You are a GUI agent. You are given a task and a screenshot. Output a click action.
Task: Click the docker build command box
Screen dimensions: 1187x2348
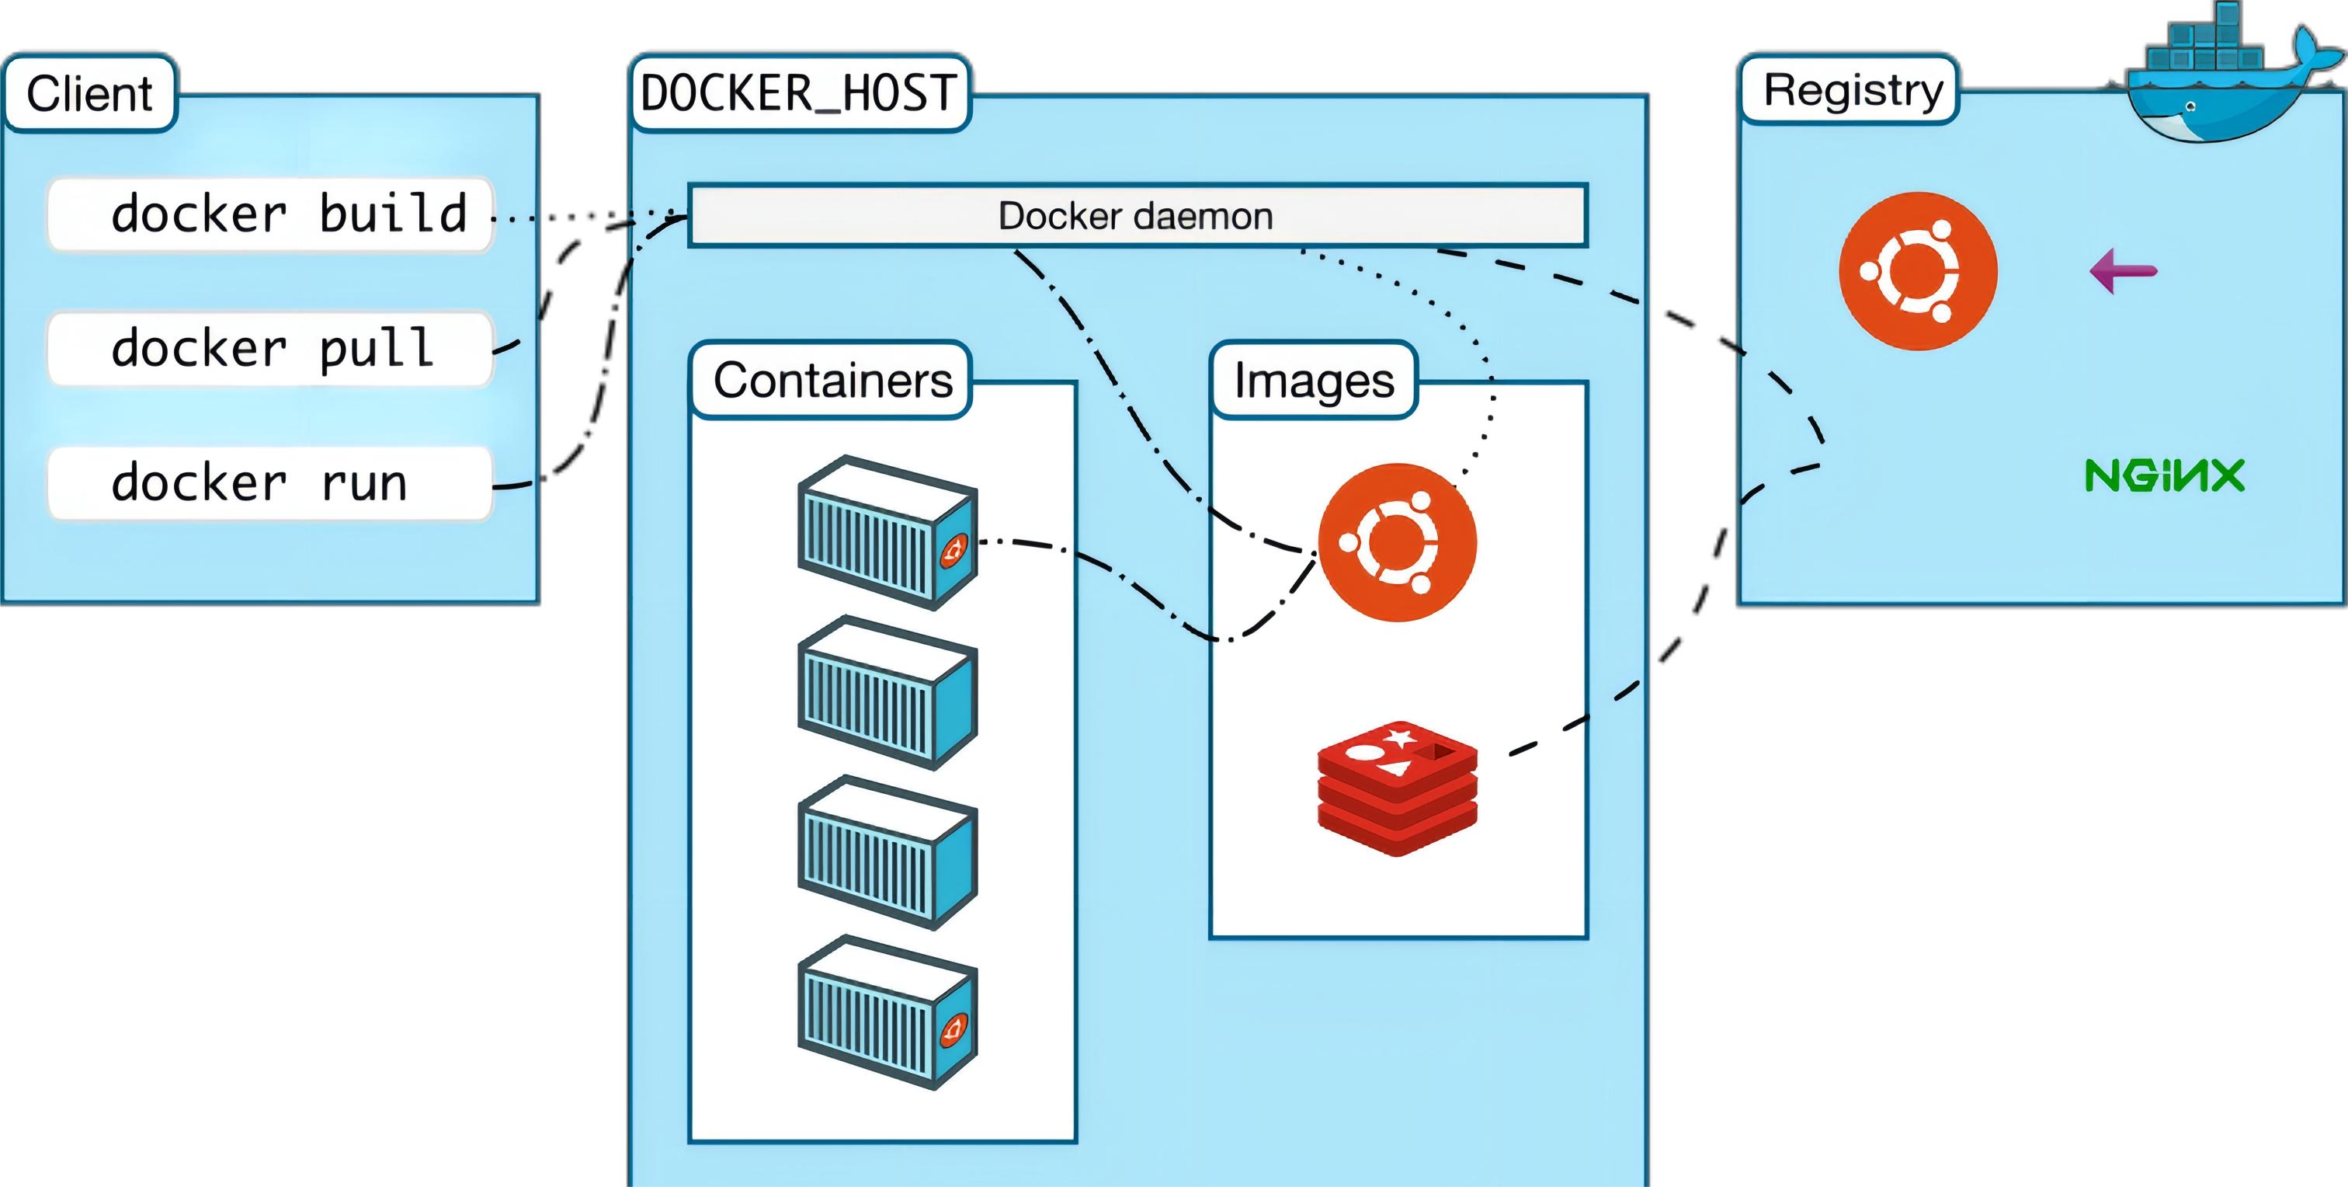(269, 215)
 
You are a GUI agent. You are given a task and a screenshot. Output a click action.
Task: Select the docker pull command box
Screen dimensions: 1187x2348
(269, 349)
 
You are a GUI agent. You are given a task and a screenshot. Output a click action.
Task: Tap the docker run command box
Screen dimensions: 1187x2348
(269, 483)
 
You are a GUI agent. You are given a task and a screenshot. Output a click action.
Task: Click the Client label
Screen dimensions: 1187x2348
(89, 94)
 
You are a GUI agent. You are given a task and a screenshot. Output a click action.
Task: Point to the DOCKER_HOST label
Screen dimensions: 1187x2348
(798, 94)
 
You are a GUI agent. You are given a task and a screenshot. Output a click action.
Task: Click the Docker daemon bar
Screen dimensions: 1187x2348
(1137, 216)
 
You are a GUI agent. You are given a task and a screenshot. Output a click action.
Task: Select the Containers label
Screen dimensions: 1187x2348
(832, 380)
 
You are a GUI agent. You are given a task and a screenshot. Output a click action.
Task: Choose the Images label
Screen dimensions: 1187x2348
(1314, 380)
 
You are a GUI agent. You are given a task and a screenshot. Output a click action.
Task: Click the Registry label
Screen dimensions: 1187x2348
(1851, 90)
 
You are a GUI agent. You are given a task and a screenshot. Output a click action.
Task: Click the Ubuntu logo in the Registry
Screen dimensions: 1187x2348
(1918, 271)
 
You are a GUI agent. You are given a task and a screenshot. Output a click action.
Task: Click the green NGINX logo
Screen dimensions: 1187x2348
(2164, 475)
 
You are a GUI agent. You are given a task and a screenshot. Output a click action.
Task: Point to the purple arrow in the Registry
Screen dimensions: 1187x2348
(2123, 271)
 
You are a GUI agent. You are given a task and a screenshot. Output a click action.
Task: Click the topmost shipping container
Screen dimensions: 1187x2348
(886, 534)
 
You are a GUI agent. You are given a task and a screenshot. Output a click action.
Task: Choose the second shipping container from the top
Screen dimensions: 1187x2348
(886, 693)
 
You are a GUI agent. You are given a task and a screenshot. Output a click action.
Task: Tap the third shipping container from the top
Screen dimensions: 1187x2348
(886, 852)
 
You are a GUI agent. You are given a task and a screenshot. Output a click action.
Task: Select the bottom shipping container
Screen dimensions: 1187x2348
(886, 1012)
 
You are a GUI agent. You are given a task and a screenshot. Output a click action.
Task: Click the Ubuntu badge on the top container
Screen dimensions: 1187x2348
(953, 551)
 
